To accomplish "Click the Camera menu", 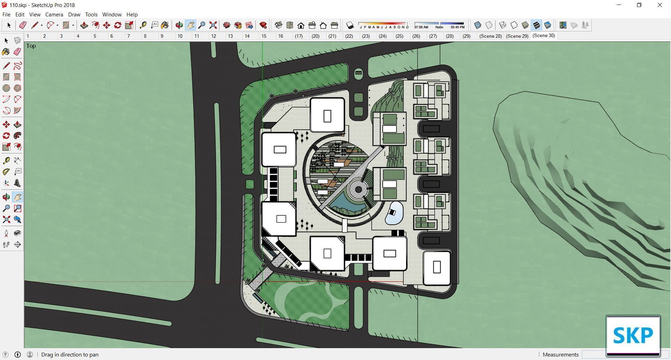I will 54,15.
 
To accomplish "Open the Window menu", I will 112,15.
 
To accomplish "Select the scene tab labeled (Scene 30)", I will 543,36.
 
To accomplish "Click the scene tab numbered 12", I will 214,36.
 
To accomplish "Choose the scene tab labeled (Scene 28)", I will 490,36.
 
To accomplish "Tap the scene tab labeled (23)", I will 366,36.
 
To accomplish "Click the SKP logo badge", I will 633,335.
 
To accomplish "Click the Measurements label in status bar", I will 560,354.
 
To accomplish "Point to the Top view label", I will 31,46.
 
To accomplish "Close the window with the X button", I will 660,5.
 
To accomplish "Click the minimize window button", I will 619,5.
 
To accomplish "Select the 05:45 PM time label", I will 457,27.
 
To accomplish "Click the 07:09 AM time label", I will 421,27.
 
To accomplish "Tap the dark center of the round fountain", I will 358,189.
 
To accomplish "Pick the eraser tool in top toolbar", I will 23,25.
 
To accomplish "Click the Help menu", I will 132,15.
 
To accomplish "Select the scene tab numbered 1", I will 28,36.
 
